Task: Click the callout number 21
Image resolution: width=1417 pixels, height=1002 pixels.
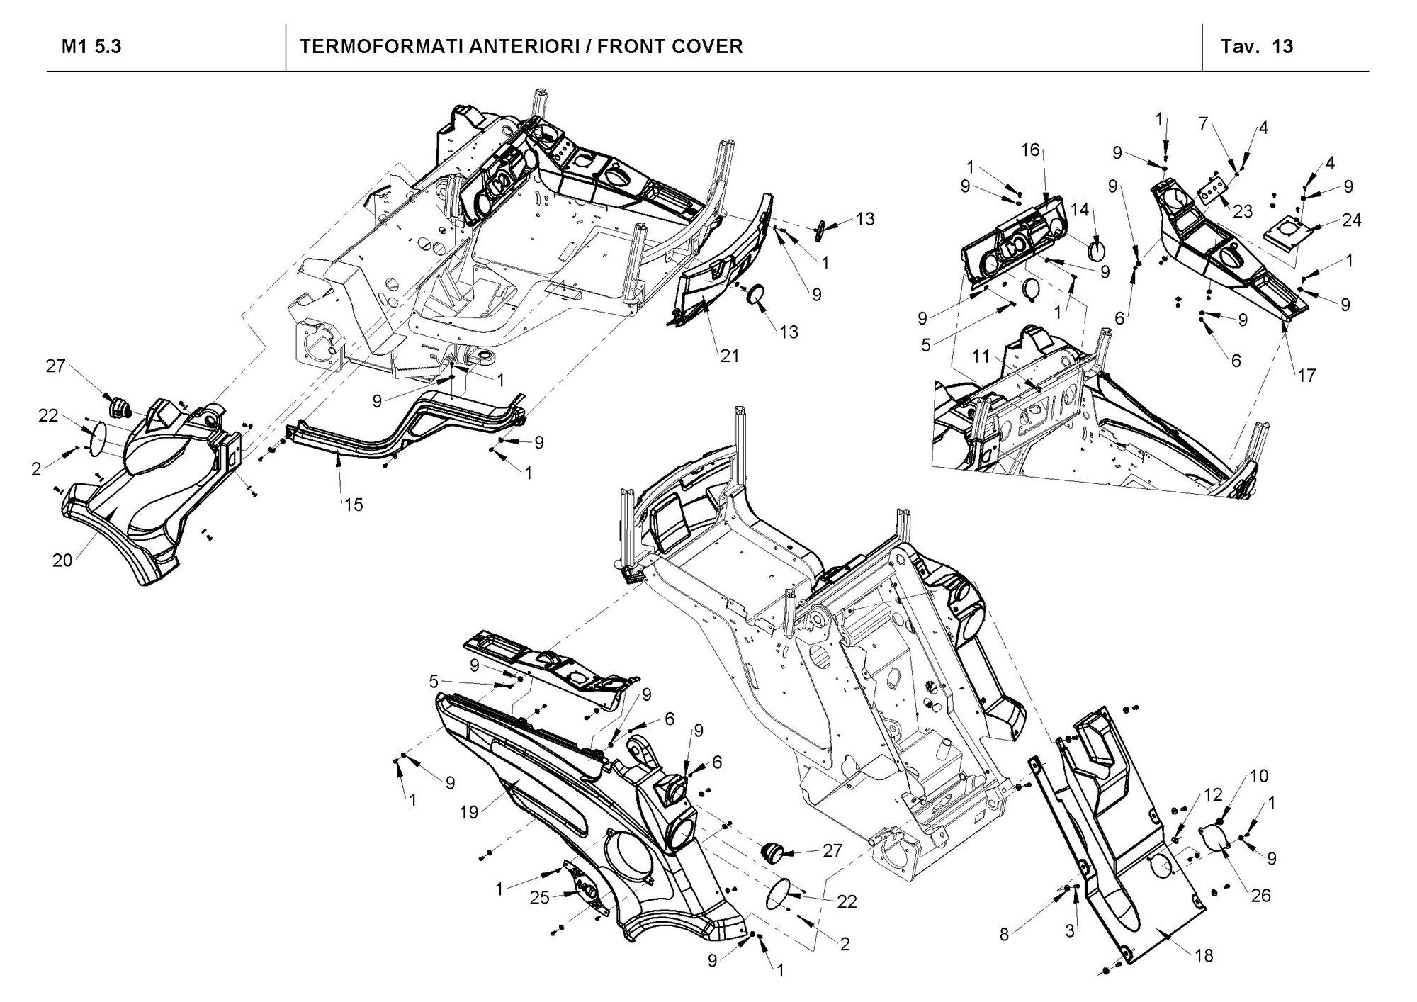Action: (730, 356)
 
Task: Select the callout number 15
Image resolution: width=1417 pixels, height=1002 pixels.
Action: (354, 505)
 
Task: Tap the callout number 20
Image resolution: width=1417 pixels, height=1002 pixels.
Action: (62, 560)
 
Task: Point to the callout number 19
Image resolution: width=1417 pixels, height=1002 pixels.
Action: (469, 812)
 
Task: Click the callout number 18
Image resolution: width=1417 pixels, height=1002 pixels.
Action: (1204, 956)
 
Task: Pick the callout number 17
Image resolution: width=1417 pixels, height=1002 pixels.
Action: (1306, 375)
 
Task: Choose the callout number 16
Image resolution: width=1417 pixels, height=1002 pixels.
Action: (1031, 150)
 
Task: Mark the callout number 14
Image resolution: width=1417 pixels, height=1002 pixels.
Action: (1080, 210)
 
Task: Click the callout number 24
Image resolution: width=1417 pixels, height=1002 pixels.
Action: (1352, 220)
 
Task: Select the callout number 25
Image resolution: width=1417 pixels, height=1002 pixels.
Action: (541, 898)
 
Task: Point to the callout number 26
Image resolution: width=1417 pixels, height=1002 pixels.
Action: (1261, 896)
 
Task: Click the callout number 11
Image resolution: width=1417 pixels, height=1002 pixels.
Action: (981, 357)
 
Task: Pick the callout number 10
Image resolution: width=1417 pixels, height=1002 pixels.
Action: (1258, 776)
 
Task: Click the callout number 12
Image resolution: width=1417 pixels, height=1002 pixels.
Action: (1213, 795)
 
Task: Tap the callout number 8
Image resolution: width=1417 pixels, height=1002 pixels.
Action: (1004, 935)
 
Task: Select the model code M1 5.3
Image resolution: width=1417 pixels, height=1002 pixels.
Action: (91, 47)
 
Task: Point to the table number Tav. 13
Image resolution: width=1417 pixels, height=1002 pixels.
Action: (1257, 47)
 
